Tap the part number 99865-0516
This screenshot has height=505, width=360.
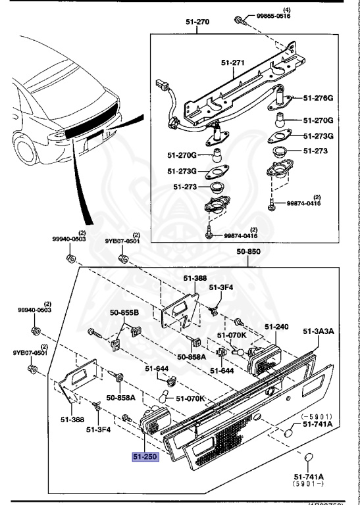point(273,16)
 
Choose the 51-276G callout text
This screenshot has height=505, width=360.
point(318,98)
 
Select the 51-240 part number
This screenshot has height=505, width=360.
point(277,326)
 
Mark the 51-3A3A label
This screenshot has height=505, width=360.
point(319,332)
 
